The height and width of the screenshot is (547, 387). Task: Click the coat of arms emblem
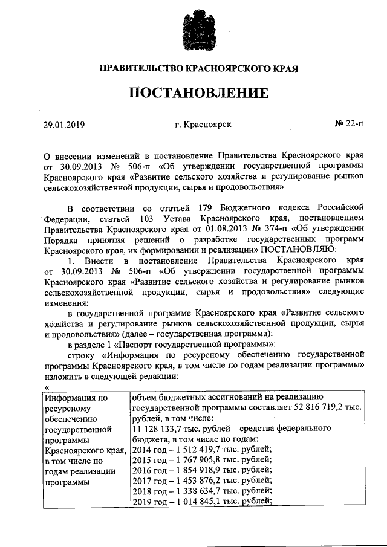pyautogui.click(x=198, y=30)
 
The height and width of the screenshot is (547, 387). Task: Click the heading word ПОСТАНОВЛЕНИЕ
pyautogui.click(x=198, y=93)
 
